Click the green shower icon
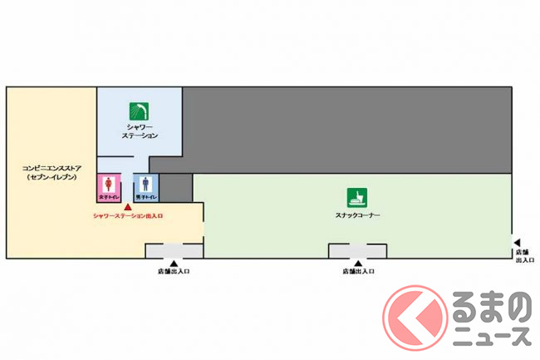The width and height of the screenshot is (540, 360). pos(139,111)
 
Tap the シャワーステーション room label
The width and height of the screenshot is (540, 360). pos(139,130)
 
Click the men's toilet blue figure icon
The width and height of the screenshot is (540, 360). pos(146,184)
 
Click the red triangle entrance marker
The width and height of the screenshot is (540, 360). pos(127,206)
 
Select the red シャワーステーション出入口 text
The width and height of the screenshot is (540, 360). pos(128,216)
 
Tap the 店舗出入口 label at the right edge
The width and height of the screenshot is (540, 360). pos(523,254)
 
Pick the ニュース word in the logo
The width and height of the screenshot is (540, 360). pos(491,335)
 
